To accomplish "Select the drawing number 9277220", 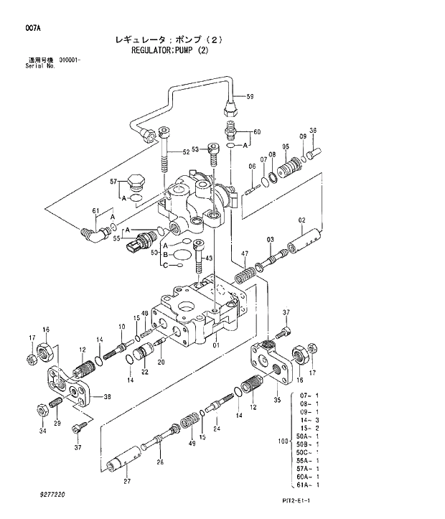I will pos(52,495).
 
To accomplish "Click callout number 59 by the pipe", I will pos(250,96).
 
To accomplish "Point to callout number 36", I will pos(312,131).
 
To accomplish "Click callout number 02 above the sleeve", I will pos(301,220).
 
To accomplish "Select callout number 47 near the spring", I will pos(245,254).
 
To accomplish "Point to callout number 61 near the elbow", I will pos(95,210).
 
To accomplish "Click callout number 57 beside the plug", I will pos(113,182).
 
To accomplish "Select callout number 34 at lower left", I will pos(42,431).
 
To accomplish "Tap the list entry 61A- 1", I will pos(307,486).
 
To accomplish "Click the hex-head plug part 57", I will pos(136,183).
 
